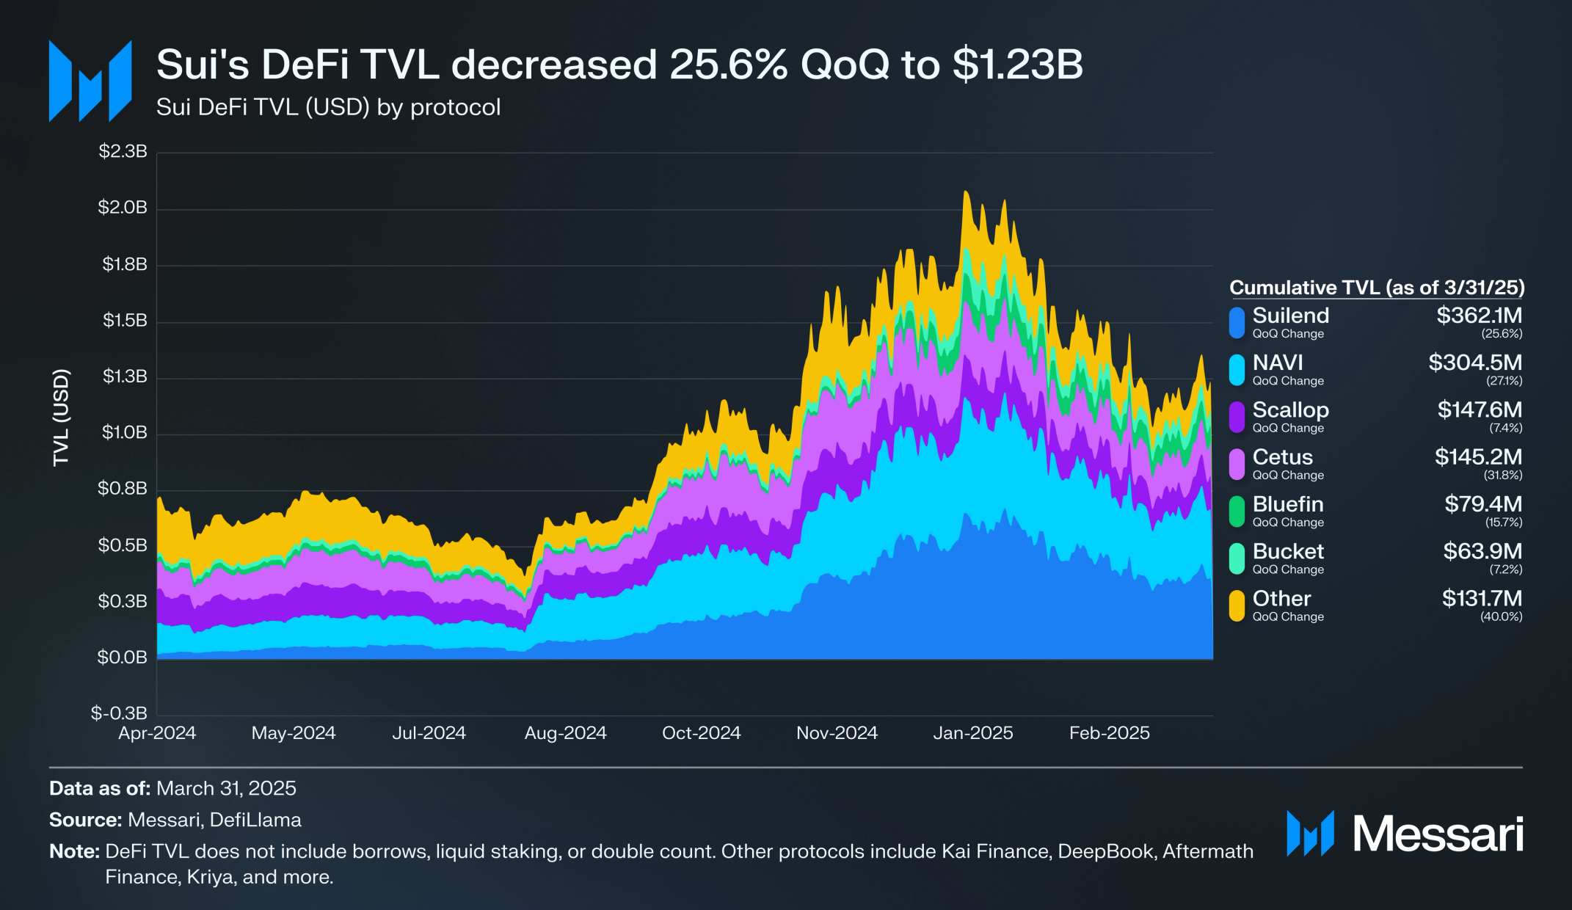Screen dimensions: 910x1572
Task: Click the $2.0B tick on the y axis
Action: [x=123, y=208]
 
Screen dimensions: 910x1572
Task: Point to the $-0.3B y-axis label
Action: [x=119, y=713]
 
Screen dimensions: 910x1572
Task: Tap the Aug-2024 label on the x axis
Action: [x=565, y=733]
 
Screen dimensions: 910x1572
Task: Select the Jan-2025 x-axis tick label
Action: [x=972, y=733]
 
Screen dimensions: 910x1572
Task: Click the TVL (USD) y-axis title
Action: [x=61, y=417]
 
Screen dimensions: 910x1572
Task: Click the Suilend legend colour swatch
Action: [x=1237, y=323]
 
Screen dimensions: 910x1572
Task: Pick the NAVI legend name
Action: [x=1278, y=363]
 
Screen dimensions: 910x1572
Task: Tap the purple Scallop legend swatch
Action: [x=1237, y=417]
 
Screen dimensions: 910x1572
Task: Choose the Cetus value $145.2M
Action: [x=1478, y=457]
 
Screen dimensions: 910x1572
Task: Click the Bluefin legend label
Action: [x=1288, y=504]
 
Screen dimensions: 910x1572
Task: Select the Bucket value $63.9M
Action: [x=1482, y=551]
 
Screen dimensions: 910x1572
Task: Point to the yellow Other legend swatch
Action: [x=1237, y=605]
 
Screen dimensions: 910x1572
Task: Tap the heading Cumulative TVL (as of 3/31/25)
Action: [x=1377, y=288]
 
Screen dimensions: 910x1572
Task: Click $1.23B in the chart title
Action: [x=1018, y=65]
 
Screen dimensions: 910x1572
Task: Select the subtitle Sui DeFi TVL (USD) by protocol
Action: [x=328, y=107]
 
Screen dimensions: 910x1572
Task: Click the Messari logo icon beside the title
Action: [x=90, y=81]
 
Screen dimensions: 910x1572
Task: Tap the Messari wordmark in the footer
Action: [x=1438, y=834]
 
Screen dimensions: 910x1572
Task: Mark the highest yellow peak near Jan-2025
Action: [x=966, y=192]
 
